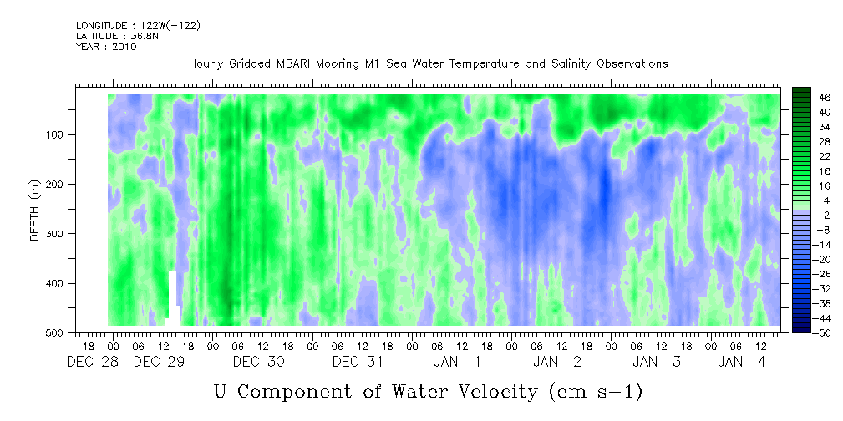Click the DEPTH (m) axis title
point(35,210)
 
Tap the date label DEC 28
point(87,363)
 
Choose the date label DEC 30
point(259,363)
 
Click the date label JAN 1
point(458,363)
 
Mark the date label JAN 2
point(557,363)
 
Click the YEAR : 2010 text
point(106,47)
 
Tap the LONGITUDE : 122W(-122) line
point(139,25)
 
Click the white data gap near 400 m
point(173,297)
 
